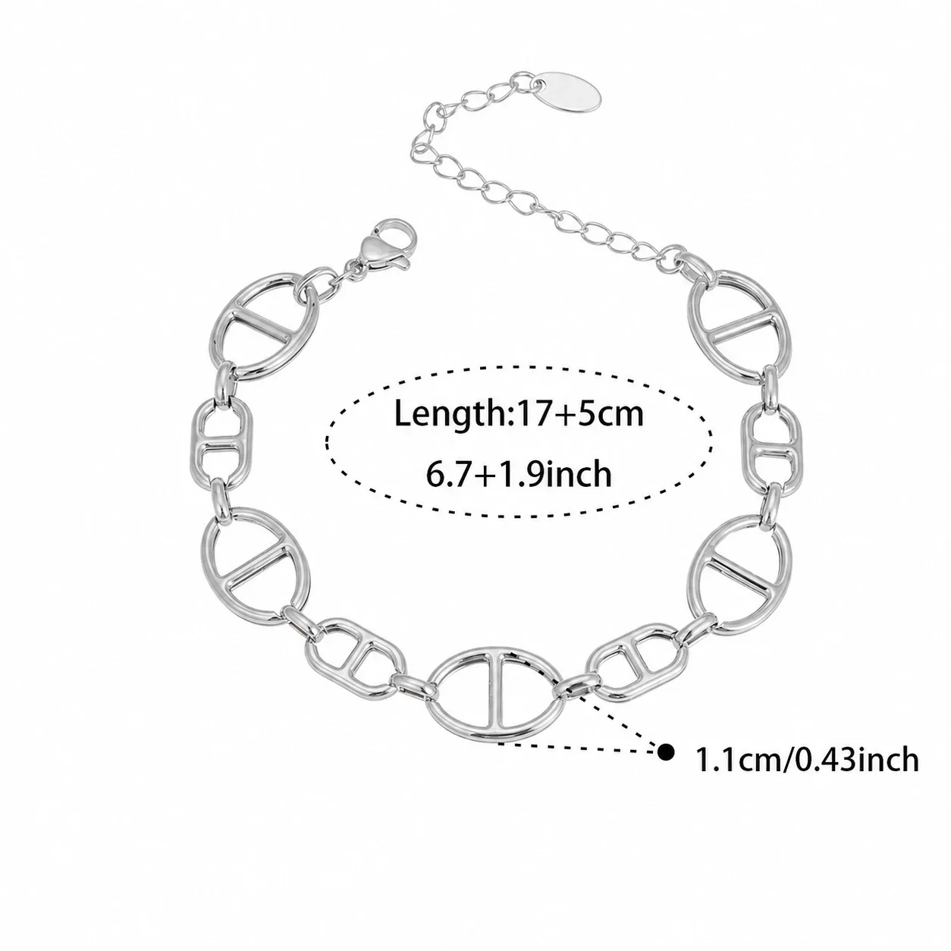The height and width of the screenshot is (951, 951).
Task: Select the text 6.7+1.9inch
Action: tap(518, 474)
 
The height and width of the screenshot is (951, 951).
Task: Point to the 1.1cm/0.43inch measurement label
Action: tap(806, 774)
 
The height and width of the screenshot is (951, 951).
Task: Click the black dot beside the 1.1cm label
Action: tap(667, 766)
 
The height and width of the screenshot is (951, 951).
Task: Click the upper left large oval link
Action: tap(264, 325)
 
